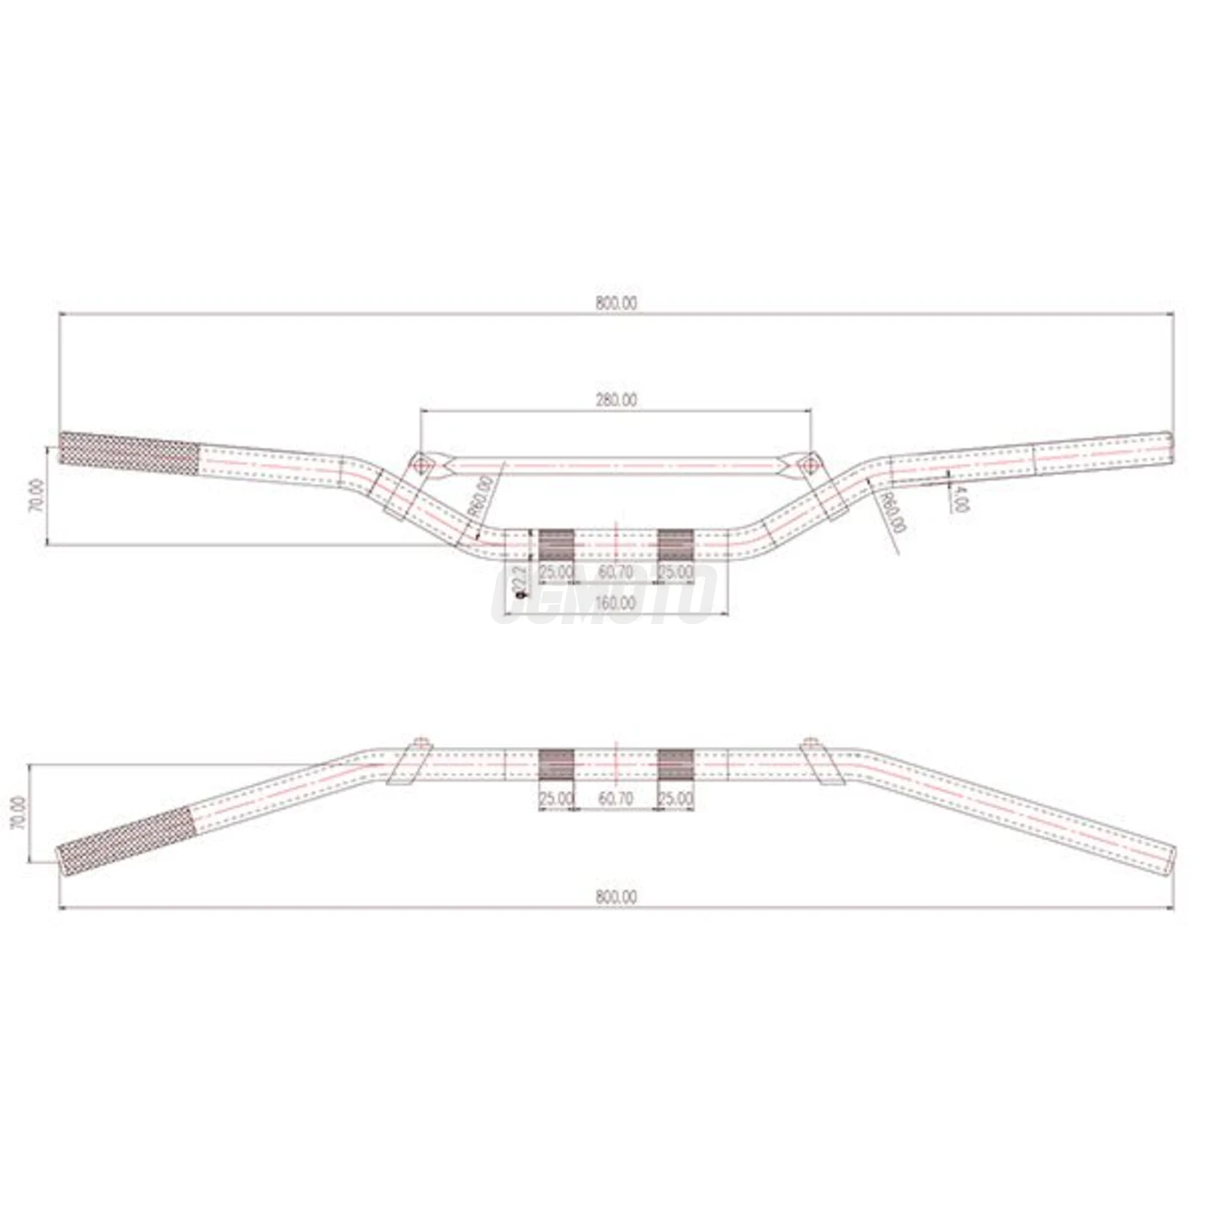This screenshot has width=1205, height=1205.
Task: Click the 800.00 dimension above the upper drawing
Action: (x=615, y=303)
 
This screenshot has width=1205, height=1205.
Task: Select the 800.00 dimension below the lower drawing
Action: (x=615, y=897)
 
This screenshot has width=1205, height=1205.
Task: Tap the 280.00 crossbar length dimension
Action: (x=615, y=400)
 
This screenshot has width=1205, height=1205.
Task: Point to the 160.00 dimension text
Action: (x=615, y=603)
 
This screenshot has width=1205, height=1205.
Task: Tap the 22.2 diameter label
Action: (x=519, y=583)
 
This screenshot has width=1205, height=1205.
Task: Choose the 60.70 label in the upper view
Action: (x=615, y=572)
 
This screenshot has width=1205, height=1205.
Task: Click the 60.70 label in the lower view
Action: (x=615, y=799)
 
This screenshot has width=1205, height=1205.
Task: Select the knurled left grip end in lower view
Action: (x=127, y=843)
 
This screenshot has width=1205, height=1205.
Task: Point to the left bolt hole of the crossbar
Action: (x=421, y=466)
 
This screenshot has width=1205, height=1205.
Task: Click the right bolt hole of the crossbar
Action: (x=809, y=466)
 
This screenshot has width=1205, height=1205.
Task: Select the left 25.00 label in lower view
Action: (x=556, y=799)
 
